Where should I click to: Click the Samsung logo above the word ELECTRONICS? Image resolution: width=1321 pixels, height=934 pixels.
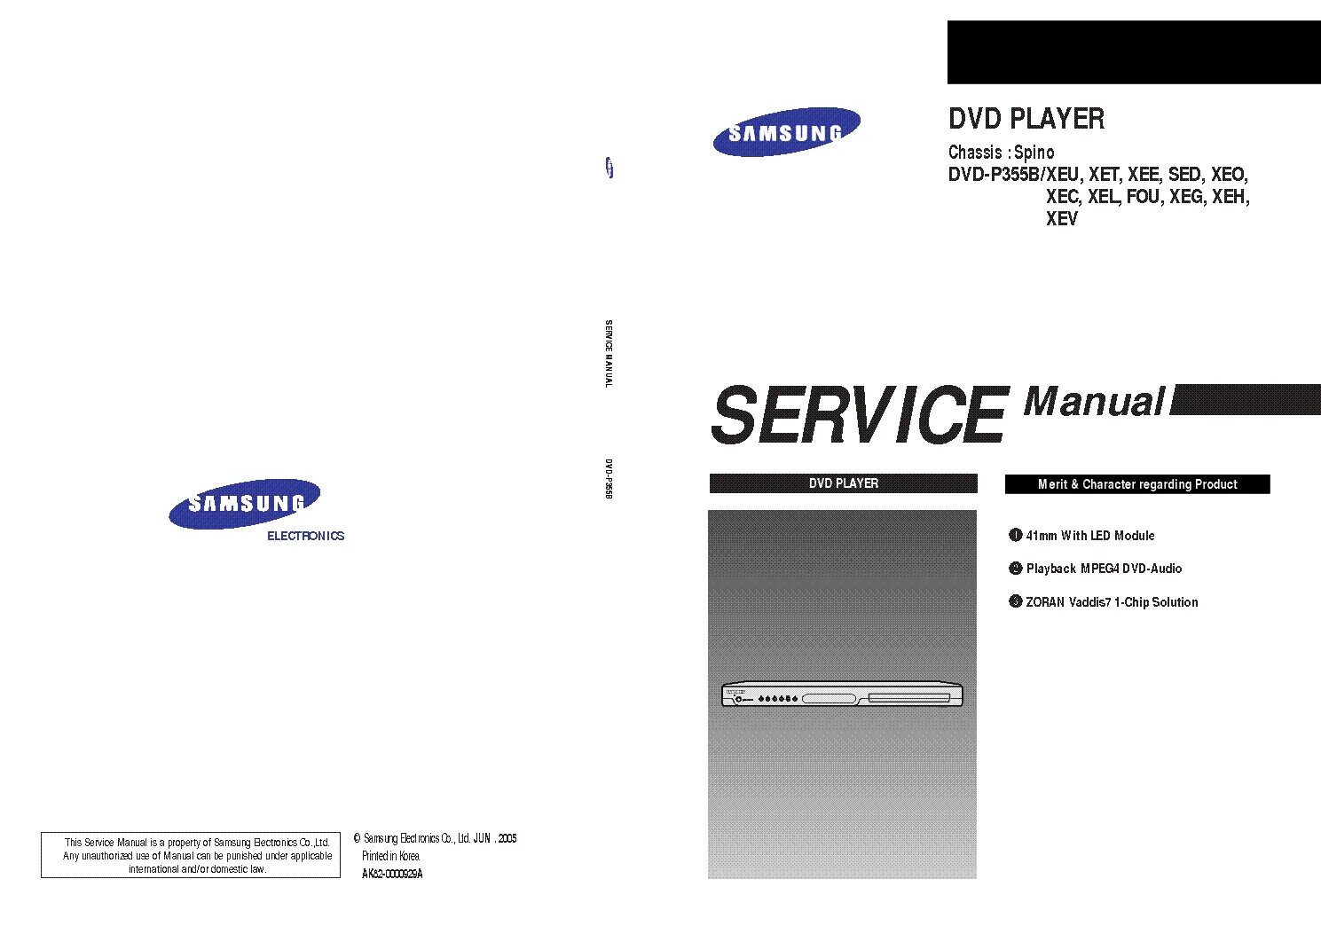(244, 504)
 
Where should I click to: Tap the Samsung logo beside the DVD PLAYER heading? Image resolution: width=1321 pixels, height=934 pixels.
(786, 133)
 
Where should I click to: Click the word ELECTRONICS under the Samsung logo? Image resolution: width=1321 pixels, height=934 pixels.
(305, 536)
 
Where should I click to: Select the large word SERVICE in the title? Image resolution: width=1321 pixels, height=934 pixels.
(858, 415)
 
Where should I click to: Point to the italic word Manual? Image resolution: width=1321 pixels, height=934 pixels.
(1093, 401)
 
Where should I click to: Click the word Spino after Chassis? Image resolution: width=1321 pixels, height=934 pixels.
(1034, 153)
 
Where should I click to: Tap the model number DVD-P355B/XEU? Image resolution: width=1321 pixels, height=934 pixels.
(1013, 175)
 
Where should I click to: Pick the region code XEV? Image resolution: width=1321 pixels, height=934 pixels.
(1061, 219)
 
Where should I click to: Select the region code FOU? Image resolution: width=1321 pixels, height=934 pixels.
(1143, 197)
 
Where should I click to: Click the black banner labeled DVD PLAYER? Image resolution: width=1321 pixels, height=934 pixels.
(843, 483)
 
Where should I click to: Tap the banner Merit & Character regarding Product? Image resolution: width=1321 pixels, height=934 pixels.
(1136, 484)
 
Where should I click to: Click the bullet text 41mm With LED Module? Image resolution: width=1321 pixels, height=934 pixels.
(1089, 536)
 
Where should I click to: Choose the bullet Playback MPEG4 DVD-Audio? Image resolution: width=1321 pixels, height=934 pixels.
(1104, 569)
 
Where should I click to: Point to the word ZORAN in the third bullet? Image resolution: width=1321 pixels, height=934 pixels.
(1045, 602)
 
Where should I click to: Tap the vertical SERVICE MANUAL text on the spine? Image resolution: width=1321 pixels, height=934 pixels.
(609, 353)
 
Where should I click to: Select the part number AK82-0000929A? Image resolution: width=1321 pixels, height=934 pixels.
(392, 874)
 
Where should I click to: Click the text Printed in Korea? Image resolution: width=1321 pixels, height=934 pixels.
(390, 856)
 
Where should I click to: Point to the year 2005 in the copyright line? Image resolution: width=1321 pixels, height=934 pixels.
(507, 838)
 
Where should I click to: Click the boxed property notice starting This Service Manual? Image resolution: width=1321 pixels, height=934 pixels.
(191, 856)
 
